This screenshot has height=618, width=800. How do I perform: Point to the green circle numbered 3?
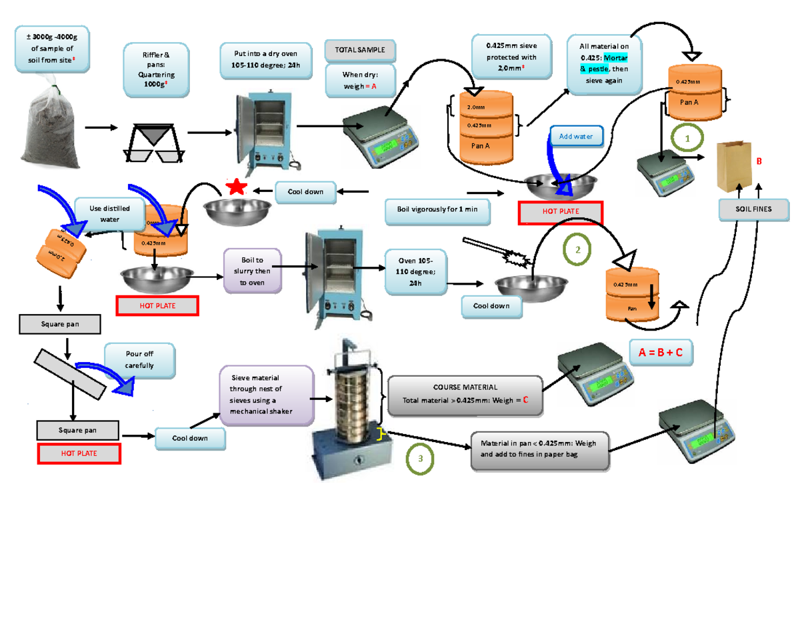421,459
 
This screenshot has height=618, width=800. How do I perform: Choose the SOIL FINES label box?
753,209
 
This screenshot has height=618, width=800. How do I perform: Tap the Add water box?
575,136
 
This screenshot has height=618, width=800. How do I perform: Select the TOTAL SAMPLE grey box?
360,50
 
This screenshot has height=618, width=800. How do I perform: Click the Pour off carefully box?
139,360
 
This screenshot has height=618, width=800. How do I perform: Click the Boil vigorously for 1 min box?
437,209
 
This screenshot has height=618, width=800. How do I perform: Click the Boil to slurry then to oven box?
253,271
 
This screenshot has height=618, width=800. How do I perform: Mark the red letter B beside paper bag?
757,161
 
